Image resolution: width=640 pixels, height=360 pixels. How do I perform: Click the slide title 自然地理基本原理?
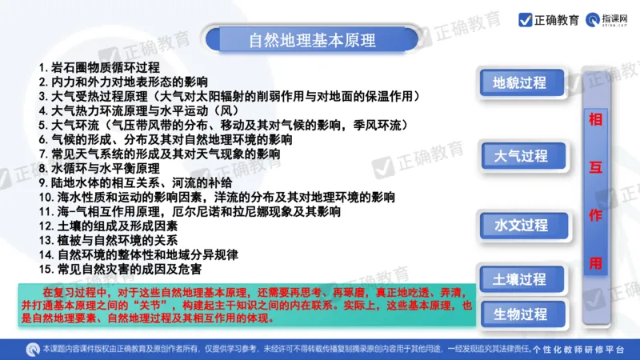click(312, 39)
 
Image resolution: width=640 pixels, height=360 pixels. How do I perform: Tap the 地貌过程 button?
click(519, 82)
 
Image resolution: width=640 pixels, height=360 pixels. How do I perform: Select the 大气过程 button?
click(520, 156)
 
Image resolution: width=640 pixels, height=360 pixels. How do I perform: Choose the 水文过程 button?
click(520, 225)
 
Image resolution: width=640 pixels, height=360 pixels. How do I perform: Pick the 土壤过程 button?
click(519, 279)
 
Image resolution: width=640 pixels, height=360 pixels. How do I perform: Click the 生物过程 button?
click(519, 313)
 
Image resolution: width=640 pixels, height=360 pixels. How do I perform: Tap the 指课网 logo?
click(611, 20)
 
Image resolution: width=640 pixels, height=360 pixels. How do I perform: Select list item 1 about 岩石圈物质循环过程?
click(99, 67)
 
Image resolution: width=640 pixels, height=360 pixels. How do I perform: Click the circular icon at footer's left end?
click(33, 349)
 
